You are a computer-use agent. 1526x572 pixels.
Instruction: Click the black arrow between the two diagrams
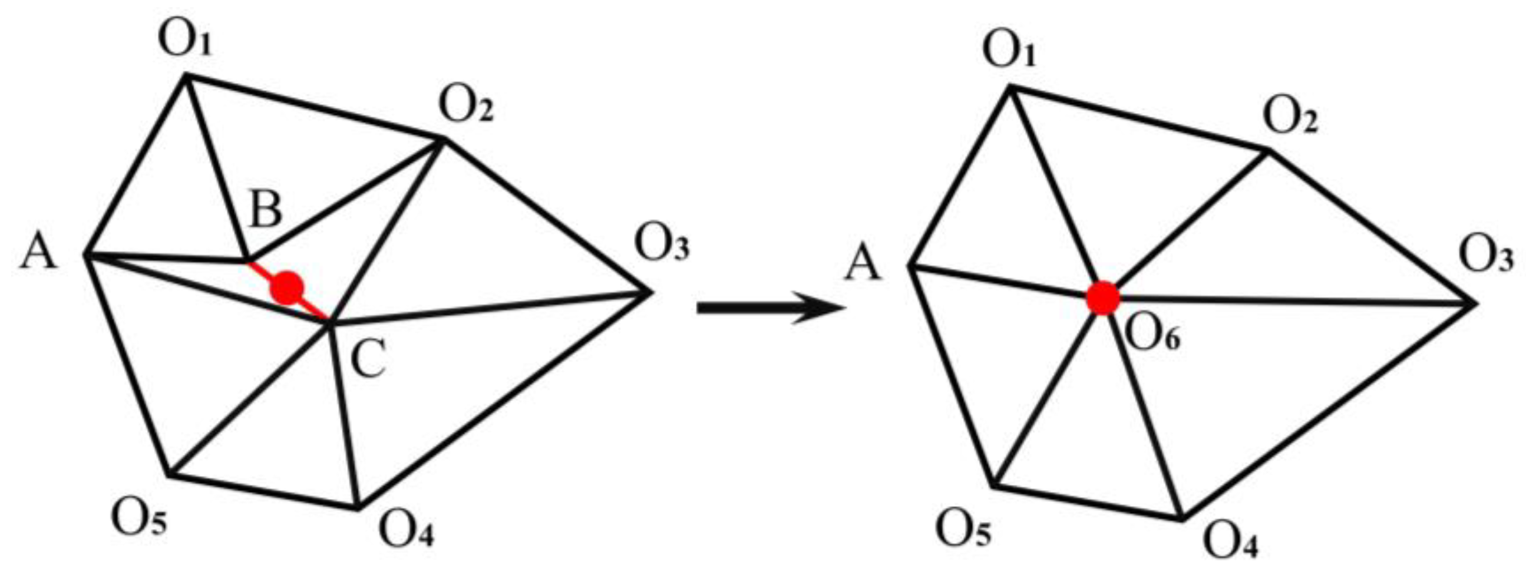click(x=770, y=309)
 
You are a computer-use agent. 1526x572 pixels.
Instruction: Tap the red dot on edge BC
click(x=287, y=289)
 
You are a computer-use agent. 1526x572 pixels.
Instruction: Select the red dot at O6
click(x=1102, y=298)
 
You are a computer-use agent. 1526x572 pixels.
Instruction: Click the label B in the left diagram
click(x=265, y=210)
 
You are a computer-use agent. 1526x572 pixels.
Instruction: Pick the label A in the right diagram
click(x=863, y=264)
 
